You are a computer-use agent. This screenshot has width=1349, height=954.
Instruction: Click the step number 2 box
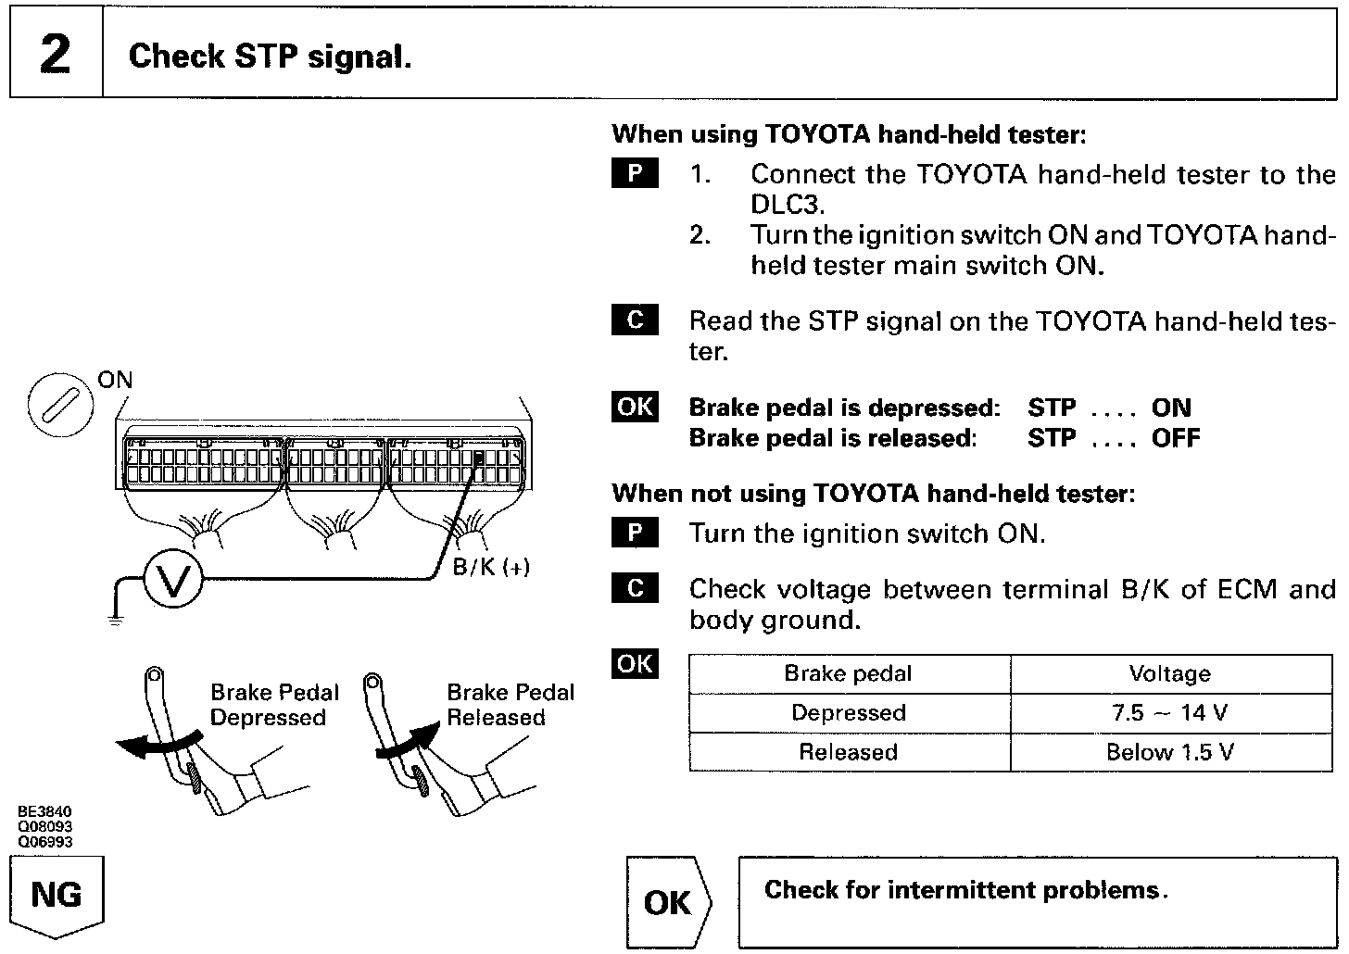pyautogui.click(x=56, y=55)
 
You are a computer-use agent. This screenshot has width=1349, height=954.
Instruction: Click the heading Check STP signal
pyautogui.click(x=270, y=56)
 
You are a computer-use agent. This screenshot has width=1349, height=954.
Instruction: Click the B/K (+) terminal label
pyautogui.click(x=490, y=567)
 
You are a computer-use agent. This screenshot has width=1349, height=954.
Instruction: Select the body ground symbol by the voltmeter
pyautogui.click(x=115, y=619)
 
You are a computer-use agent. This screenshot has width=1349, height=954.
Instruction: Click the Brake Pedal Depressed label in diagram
pyautogui.click(x=274, y=705)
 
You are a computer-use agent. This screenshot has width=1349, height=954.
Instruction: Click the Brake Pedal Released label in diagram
pyautogui.click(x=510, y=705)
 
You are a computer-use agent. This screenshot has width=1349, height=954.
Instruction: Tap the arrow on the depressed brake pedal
pyautogui.click(x=158, y=744)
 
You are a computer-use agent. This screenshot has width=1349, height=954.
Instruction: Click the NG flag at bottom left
pyautogui.click(x=57, y=896)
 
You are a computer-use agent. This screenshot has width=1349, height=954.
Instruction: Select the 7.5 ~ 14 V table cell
pyautogui.click(x=1170, y=713)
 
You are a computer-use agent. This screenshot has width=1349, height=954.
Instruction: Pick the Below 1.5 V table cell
pyautogui.click(x=1170, y=752)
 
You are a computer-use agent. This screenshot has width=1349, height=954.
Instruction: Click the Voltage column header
pyautogui.click(x=1169, y=674)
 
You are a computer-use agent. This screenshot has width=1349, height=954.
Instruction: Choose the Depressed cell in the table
pyautogui.click(x=849, y=713)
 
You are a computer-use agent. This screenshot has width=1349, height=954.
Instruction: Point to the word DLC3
pyautogui.click(x=787, y=204)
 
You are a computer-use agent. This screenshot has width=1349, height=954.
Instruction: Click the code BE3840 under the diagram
pyautogui.click(x=44, y=812)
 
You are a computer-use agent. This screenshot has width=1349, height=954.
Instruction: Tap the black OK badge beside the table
pyautogui.click(x=635, y=664)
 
